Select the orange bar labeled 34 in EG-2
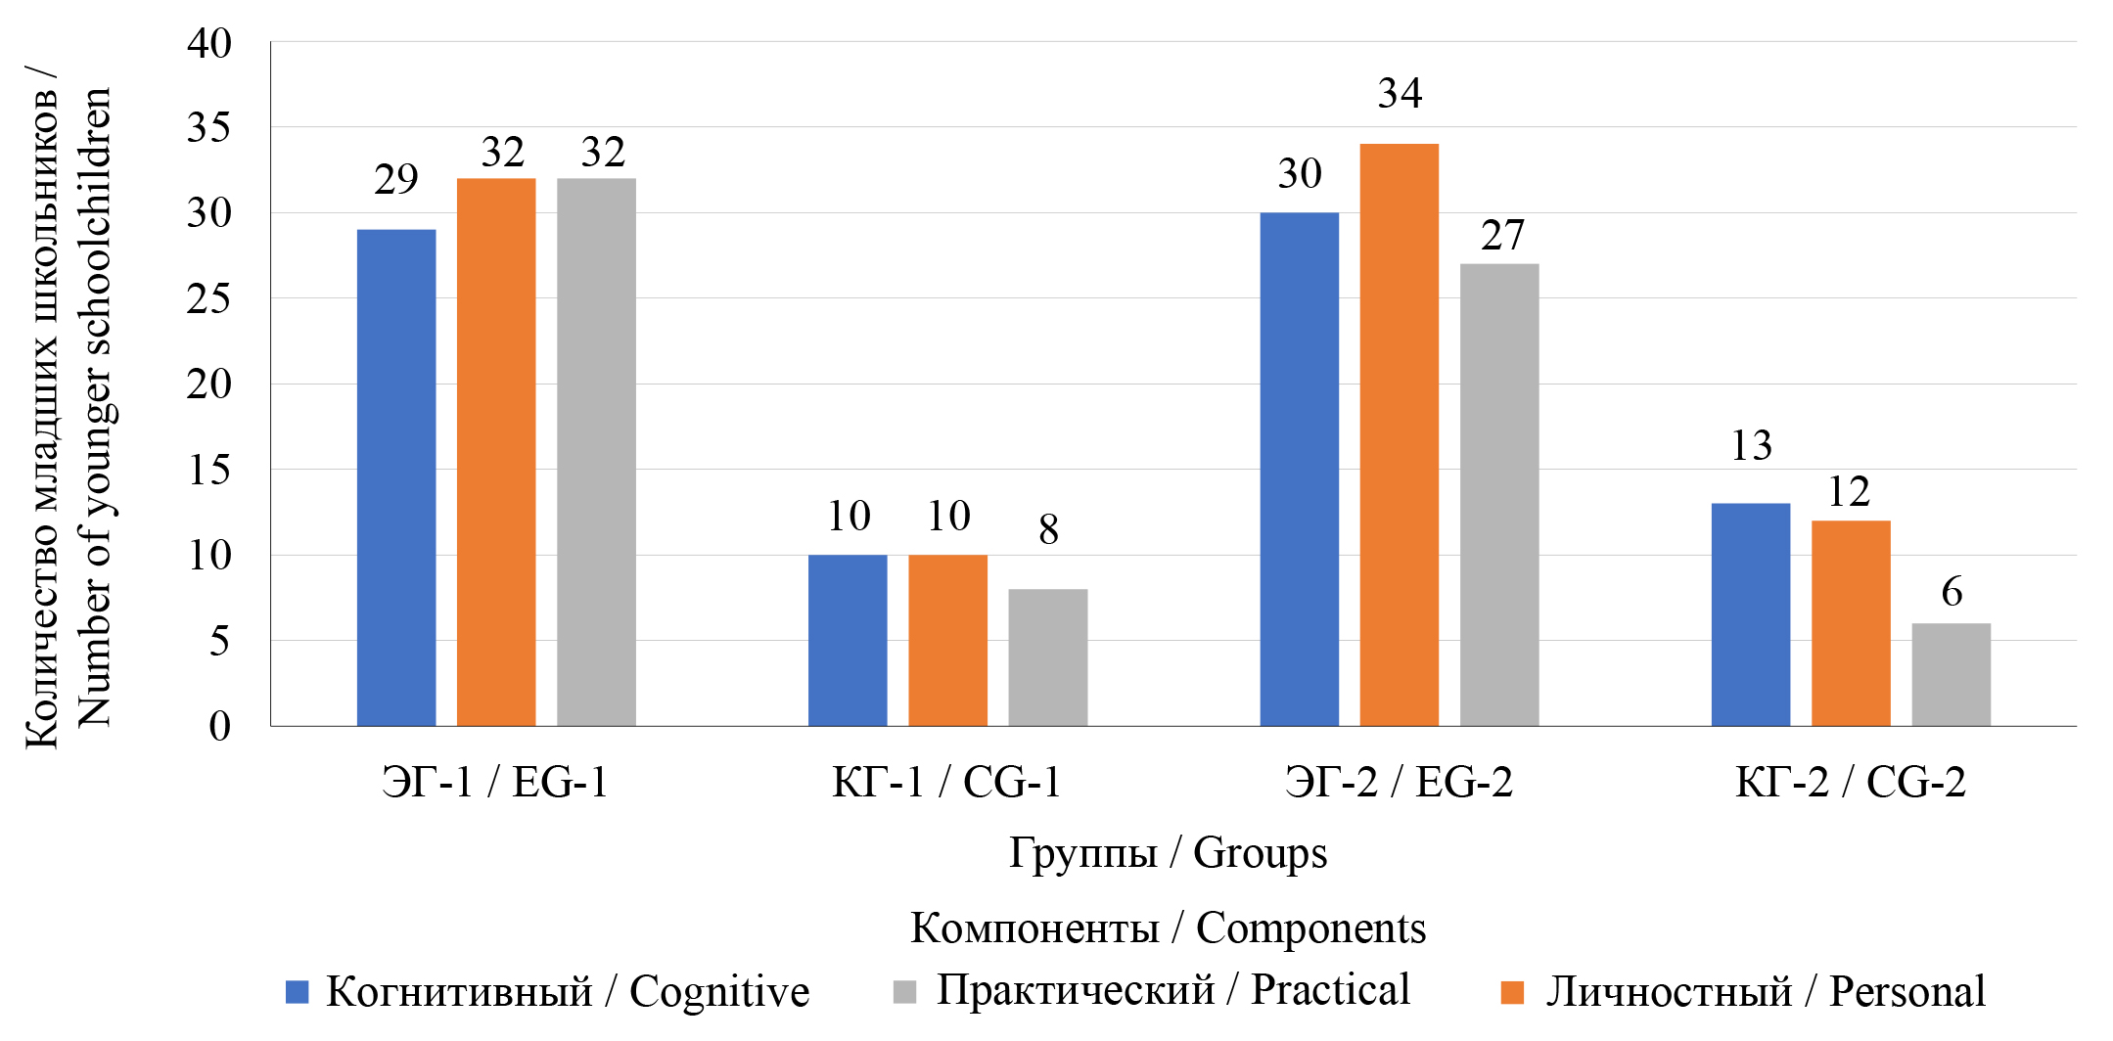1399,434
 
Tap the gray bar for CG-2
1951,674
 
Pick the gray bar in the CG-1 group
1047,657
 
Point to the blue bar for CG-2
1750,614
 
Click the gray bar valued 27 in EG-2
1498,495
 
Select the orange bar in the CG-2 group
1851,623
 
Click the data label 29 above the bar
396,179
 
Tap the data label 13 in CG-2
1751,446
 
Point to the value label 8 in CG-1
1048,530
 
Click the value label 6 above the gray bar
1952,592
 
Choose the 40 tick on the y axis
209,44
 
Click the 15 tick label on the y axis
209,471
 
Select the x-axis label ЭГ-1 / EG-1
495,783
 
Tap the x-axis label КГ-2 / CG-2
1850,783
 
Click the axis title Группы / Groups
1168,853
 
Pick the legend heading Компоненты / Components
1168,928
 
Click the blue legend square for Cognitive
297,992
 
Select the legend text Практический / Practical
1172,990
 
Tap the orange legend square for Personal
1512,992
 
